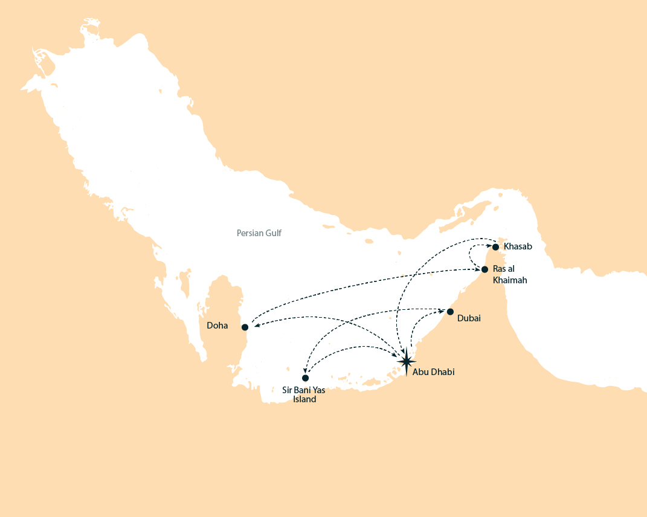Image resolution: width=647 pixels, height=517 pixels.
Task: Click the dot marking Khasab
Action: [495, 246]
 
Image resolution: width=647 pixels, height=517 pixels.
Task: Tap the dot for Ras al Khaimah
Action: [484, 269]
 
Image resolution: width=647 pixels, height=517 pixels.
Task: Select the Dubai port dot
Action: [450, 311]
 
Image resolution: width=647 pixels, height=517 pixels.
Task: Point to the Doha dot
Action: [245, 327]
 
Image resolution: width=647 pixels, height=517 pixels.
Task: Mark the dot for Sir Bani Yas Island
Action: [305, 378]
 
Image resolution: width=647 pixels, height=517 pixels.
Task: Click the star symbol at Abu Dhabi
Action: [407, 361]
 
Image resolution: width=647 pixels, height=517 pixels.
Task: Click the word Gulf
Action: [274, 233]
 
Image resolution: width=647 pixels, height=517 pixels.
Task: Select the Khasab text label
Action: [518, 246]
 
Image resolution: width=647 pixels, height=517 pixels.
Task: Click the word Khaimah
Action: [510, 280]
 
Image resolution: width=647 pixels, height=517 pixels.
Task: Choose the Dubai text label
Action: [469, 318]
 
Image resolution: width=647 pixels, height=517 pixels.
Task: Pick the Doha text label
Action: [217, 326]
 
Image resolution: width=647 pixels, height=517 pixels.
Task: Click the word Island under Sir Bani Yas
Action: [304, 399]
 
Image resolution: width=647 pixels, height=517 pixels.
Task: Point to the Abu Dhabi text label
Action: [433, 372]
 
